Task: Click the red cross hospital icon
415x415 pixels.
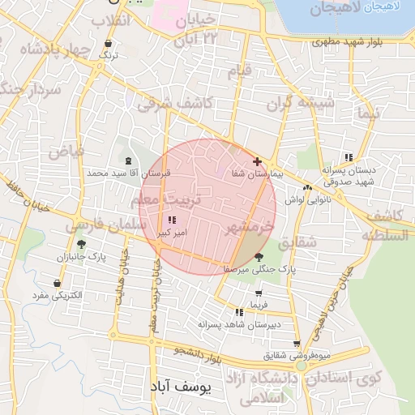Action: point(257,162)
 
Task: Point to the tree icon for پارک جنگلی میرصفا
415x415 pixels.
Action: point(259,256)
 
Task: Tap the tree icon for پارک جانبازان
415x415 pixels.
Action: point(80,244)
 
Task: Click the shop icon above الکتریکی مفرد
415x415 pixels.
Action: point(58,284)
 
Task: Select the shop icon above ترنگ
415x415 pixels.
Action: point(109,43)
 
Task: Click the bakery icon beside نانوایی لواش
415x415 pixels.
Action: point(307,187)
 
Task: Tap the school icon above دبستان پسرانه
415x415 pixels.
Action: point(349,157)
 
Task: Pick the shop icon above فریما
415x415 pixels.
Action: point(259,293)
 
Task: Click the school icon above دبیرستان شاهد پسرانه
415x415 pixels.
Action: point(238,312)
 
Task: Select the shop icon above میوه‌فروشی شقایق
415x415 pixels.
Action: point(297,344)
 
